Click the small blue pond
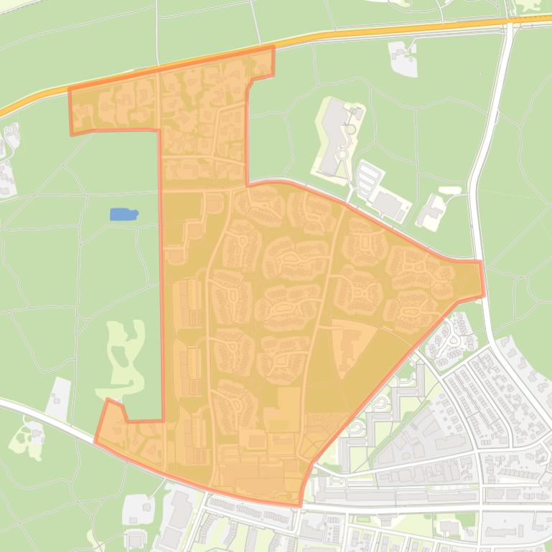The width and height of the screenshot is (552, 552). (x=123, y=214)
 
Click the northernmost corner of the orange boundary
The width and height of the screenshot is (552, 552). (x=273, y=47)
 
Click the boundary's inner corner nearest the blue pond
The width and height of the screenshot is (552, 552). (x=159, y=130)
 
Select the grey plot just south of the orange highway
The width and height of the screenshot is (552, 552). (x=403, y=57)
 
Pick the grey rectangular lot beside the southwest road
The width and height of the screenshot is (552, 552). (x=59, y=397)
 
